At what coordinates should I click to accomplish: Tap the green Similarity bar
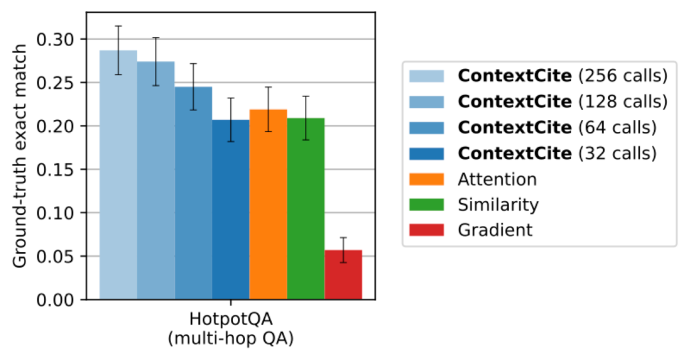[x=306, y=211]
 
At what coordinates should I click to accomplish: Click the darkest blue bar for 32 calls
[x=231, y=211]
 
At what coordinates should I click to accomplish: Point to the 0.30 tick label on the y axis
[x=56, y=40]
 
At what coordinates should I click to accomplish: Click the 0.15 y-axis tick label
[x=56, y=170]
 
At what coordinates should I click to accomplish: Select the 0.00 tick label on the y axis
[x=56, y=299]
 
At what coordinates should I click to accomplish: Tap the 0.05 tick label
[x=56, y=257]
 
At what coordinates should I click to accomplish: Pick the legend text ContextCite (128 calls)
[x=562, y=101]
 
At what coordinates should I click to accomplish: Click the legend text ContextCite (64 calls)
[x=557, y=128]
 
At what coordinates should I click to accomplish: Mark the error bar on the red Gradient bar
[x=343, y=249]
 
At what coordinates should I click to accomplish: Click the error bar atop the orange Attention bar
[x=268, y=109]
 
